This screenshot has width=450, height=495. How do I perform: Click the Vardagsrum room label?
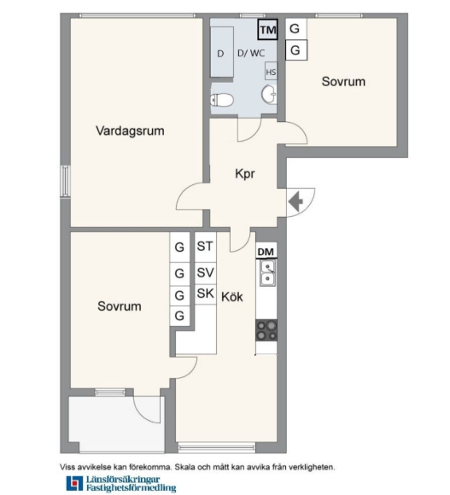click(x=130, y=131)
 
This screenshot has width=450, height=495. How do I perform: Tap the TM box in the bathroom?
click(x=267, y=29)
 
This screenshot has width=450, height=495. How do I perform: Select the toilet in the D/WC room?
click(x=222, y=100)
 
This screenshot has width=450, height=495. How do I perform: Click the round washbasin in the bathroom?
click(x=269, y=94)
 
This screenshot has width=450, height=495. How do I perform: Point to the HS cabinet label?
click(x=271, y=73)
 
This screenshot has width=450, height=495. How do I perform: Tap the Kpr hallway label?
click(x=245, y=173)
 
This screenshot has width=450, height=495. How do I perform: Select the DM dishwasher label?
click(x=266, y=252)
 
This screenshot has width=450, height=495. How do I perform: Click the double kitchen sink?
click(x=267, y=273)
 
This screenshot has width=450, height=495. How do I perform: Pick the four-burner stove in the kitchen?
click(x=266, y=330)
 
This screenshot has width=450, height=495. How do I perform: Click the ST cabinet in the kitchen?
click(x=205, y=247)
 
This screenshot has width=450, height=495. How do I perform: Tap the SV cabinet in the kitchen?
click(x=205, y=273)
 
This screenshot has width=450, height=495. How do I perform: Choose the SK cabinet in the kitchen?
click(x=205, y=294)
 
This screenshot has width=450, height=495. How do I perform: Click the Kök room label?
click(x=232, y=297)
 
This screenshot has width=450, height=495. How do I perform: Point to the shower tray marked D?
click(x=222, y=52)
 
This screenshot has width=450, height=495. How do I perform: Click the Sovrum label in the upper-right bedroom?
click(x=343, y=81)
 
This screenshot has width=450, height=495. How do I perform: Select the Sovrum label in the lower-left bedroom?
click(x=120, y=306)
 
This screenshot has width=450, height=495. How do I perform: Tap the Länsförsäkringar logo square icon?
click(x=74, y=484)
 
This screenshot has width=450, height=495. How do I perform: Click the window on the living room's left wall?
click(x=66, y=182)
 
